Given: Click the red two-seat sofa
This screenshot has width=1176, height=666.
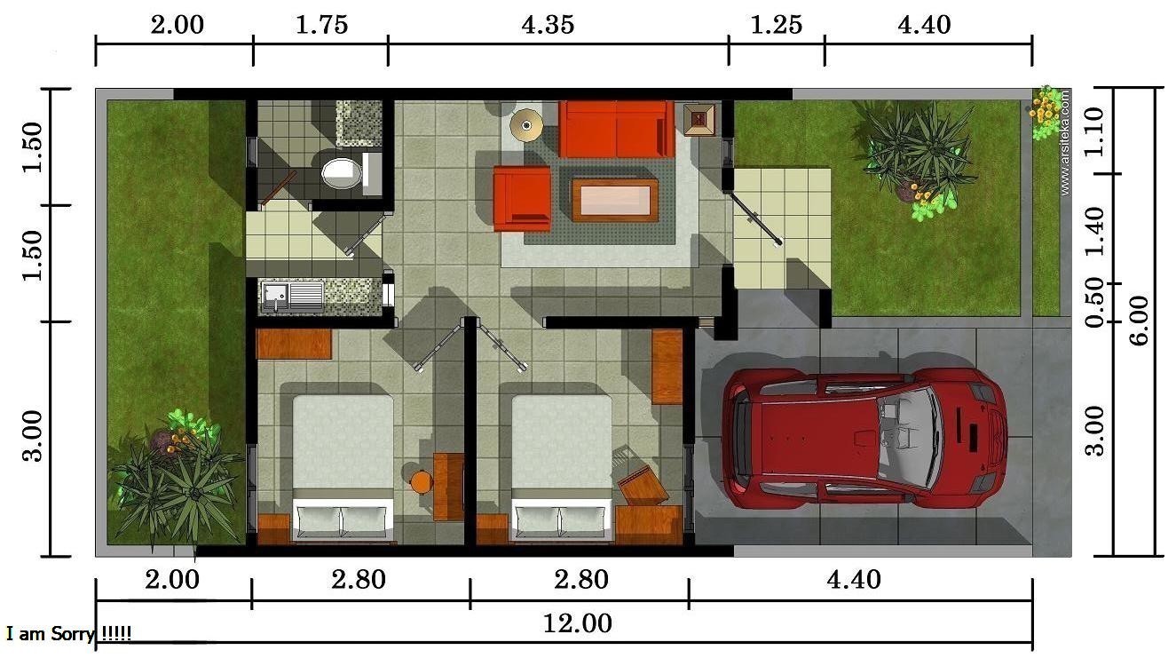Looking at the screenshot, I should [x=616, y=129].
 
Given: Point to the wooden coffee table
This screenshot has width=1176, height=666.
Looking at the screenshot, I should [x=615, y=200].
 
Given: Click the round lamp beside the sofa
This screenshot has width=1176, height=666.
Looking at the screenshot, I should [x=527, y=125].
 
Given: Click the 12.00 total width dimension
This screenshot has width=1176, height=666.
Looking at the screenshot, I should [x=577, y=623].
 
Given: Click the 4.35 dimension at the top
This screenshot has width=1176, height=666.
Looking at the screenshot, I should [x=548, y=24].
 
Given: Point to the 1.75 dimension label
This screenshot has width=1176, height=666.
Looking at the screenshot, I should [x=320, y=24].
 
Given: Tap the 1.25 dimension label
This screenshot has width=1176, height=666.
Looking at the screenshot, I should [x=776, y=24].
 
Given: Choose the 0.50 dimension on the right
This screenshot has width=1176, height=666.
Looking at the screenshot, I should [x=1095, y=302].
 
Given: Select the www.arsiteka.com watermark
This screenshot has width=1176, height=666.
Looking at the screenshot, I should [x=1064, y=142].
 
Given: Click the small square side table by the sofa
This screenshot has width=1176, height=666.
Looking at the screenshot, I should [x=698, y=118].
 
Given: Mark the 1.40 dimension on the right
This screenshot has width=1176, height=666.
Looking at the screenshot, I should [x=1095, y=229].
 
